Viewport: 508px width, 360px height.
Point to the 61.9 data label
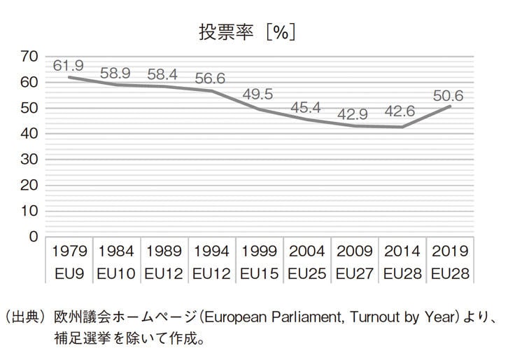(69, 65)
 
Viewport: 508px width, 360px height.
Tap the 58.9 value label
(116, 72)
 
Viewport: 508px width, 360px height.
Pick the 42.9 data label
(355, 113)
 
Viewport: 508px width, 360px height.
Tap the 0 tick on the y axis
(32, 236)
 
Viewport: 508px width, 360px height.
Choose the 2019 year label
(450, 251)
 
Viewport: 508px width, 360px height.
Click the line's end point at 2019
(450, 106)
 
